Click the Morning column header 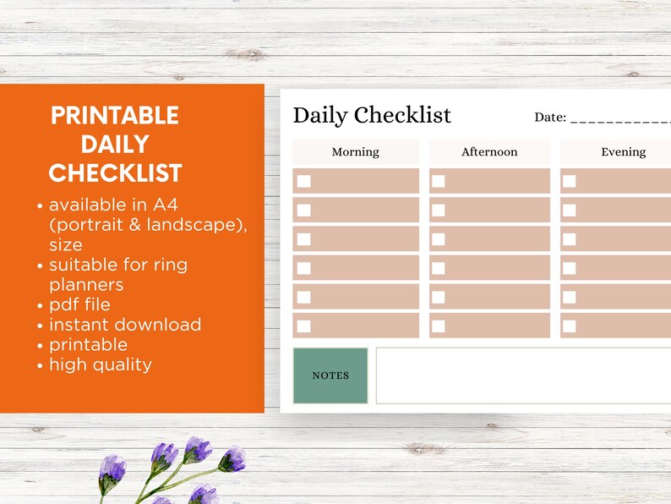point(355,152)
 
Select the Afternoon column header point(488,152)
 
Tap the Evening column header point(623,152)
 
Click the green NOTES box point(330,375)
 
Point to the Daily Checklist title point(372,116)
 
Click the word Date point(549,118)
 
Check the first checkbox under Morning point(304,181)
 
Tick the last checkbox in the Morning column point(304,326)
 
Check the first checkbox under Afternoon point(439,181)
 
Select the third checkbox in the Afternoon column point(439,239)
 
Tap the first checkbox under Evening point(570,181)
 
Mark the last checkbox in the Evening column point(570,326)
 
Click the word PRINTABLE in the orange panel point(115,116)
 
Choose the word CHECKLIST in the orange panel point(115,173)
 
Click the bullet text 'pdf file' point(79,304)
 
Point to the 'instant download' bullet point(125,325)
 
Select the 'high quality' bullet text point(101,364)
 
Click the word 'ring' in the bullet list point(169,265)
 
